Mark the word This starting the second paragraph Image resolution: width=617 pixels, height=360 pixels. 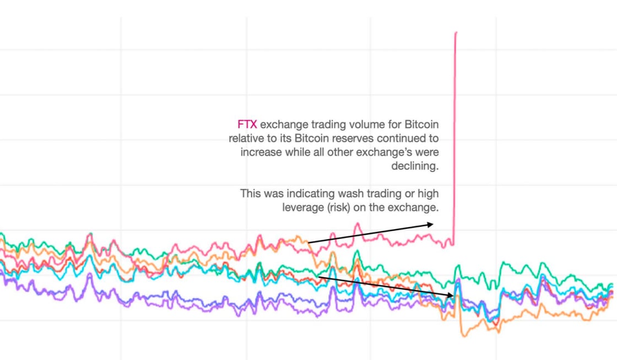point(251,194)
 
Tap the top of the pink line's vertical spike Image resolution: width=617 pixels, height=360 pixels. point(456,33)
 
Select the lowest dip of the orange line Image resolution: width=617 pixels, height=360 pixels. point(464,336)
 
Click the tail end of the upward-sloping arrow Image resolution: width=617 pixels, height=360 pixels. point(309,242)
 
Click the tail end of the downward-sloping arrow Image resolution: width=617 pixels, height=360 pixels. point(318,277)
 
